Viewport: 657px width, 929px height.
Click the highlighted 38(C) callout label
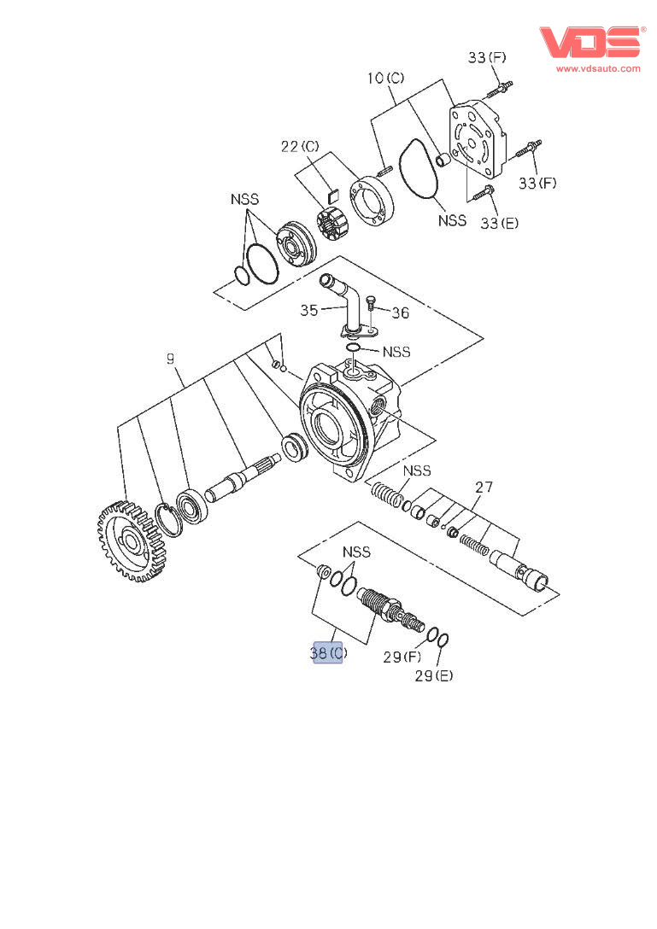(x=328, y=652)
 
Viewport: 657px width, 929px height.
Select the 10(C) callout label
(x=386, y=79)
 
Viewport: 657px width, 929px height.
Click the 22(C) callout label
(x=300, y=147)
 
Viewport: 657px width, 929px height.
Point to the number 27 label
(x=484, y=488)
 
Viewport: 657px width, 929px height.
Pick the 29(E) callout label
(x=434, y=676)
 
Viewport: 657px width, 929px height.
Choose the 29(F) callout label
(x=402, y=657)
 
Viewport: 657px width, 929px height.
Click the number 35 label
(x=309, y=311)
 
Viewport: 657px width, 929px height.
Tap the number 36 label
(x=400, y=313)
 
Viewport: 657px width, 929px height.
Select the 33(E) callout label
(x=499, y=224)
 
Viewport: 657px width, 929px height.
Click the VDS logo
(x=590, y=41)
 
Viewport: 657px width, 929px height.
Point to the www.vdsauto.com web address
(x=597, y=68)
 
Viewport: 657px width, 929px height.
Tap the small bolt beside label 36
(x=372, y=306)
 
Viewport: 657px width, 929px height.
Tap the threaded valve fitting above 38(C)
(x=381, y=605)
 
